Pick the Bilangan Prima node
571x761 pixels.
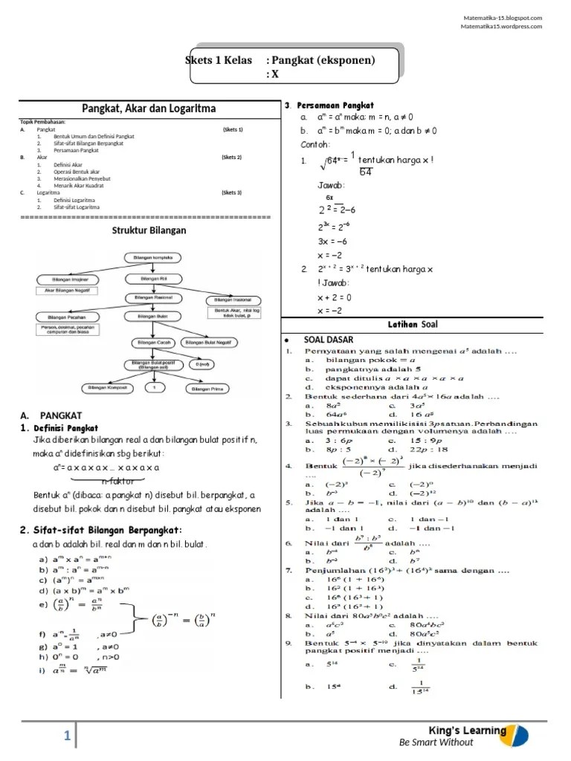(209, 388)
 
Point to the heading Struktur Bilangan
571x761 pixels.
(149, 230)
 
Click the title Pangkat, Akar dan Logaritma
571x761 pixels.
(148, 109)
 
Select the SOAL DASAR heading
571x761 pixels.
(329, 340)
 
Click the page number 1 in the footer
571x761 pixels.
(67, 736)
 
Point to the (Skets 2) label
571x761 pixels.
(232, 158)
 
